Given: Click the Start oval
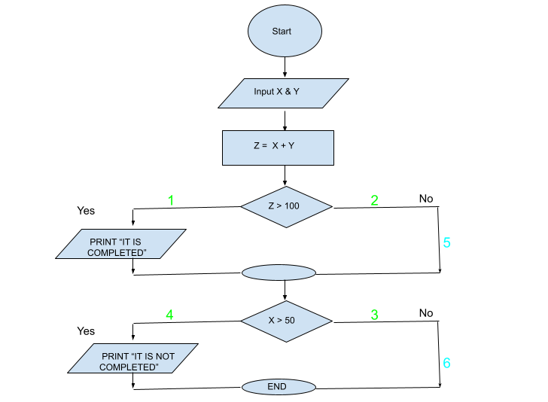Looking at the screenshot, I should tap(285, 32).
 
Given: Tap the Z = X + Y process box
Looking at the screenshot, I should tap(278, 148).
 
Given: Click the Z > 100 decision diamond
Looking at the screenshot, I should tap(286, 206).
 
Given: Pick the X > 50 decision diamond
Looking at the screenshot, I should tap(286, 321).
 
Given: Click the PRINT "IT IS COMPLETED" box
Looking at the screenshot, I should tap(121, 247).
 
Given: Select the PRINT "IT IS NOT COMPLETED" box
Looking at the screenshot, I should tap(132, 358).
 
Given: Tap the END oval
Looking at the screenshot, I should tap(277, 387).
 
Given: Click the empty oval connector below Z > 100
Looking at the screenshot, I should tap(278, 273).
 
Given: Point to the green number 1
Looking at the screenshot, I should tap(170, 201).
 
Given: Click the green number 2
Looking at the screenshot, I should tap(374, 201).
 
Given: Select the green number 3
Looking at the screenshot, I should tap(374, 315).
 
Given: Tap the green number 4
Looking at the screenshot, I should tap(170, 315).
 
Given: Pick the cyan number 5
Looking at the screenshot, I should tap(446, 243).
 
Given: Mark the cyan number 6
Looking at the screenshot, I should tap(446, 363).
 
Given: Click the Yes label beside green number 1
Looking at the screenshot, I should tap(87, 211).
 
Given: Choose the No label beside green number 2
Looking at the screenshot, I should tap(427, 198).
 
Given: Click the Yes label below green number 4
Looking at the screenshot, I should tap(87, 330).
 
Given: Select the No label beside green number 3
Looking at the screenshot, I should tap(427, 312).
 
